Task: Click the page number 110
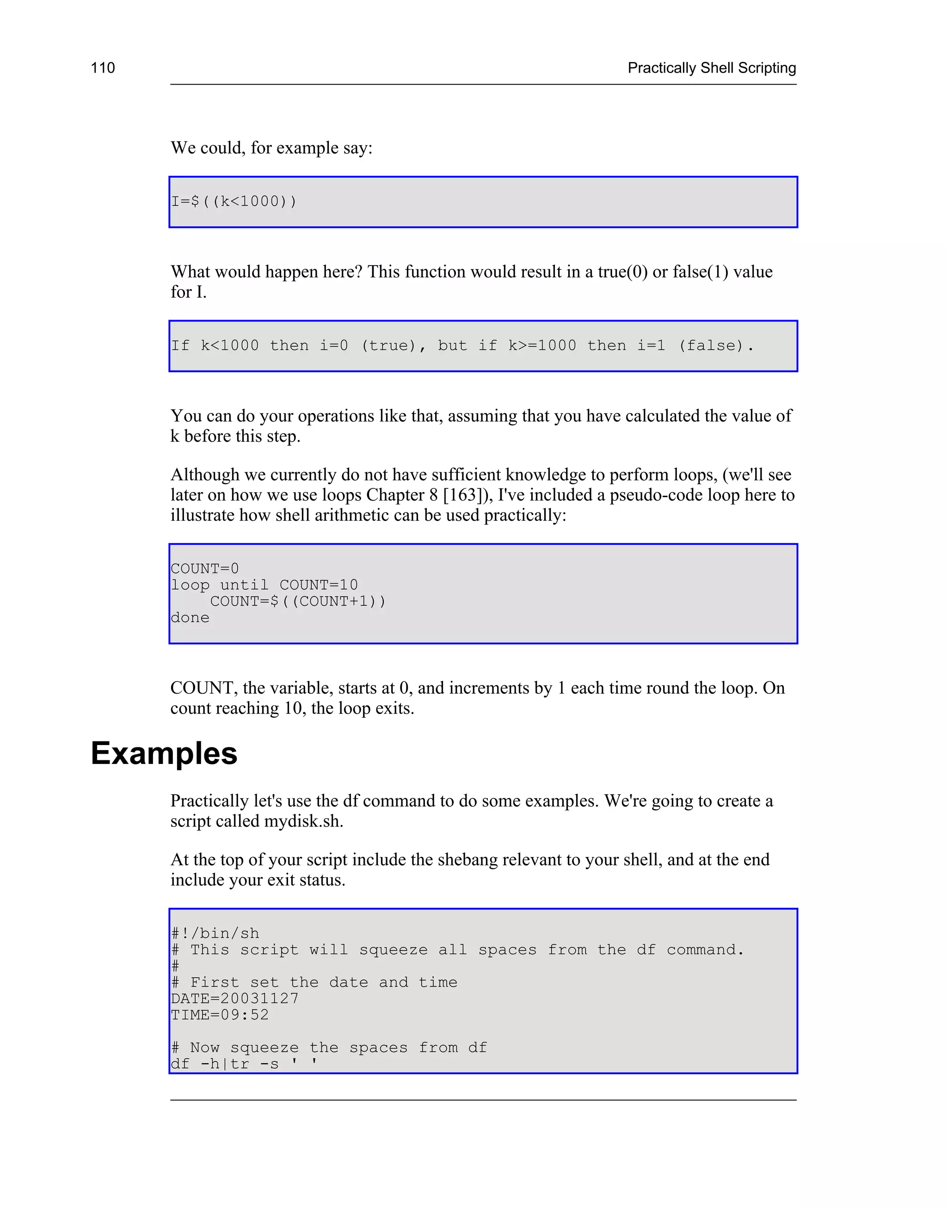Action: (103, 68)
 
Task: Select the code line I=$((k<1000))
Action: (234, 201)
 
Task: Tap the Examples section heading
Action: (164, 753)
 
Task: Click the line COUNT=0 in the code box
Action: (204, 569)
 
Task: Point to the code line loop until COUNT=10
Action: (264, 585)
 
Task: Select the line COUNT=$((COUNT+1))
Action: (298, 602)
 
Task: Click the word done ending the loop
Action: (190, 617)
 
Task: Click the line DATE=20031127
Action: (234, 999)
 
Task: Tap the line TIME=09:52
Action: (220, 1015)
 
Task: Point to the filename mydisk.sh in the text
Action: (303, 821)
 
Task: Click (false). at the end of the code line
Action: (716, 346)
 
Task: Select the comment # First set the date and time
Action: (314, 982)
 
